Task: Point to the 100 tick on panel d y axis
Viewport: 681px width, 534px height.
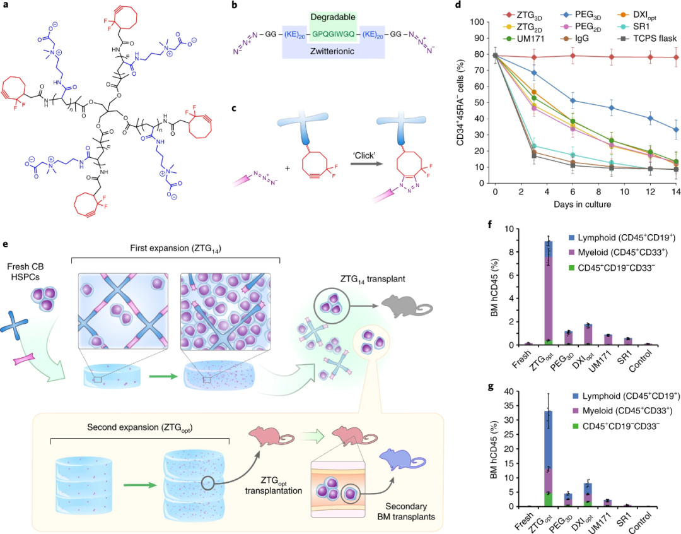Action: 480,22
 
